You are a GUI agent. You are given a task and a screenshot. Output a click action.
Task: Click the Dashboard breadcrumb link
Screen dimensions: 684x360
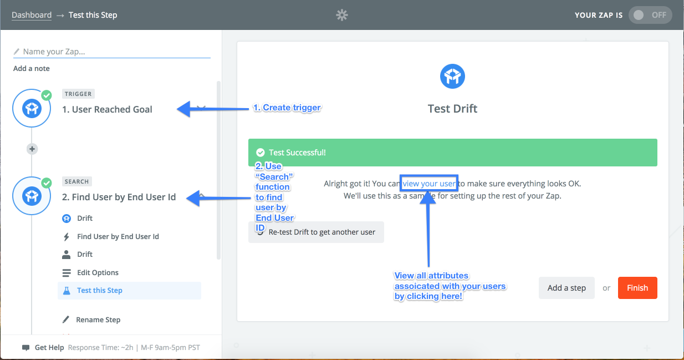tap(32, 15)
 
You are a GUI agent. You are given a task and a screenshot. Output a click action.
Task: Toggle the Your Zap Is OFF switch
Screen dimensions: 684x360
tap(650, 15)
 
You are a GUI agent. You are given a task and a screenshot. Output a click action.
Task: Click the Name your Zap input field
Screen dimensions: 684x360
tap(112, 52)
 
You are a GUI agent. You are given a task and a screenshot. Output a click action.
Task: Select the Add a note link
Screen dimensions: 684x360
tap(32, 68)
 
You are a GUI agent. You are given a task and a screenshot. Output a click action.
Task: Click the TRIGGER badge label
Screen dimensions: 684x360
tap(78, 94)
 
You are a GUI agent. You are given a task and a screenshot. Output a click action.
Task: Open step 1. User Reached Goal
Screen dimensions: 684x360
tap(107, 109)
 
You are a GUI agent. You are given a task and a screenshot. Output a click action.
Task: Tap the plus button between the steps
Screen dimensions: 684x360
tap(32, 149)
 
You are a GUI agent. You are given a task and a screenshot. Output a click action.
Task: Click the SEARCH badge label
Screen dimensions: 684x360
tap(76, 181)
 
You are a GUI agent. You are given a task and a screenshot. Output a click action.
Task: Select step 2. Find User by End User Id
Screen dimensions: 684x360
tap(119, 197)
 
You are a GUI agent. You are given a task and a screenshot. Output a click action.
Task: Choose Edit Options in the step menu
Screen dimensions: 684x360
tap(98, 272)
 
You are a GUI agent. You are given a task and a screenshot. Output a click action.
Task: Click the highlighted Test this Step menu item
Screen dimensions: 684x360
tap(130, 290)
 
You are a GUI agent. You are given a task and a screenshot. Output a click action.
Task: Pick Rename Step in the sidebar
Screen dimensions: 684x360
tap(98, 320)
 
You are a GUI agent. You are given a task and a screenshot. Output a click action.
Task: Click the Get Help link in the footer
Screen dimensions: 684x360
tap(49, 347)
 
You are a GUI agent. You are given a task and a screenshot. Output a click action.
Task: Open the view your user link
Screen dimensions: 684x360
tap(429, 184)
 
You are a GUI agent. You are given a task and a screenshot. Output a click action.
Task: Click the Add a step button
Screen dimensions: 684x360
tap(566, 288)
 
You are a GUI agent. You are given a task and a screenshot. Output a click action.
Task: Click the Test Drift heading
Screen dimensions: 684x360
tap(452, 109)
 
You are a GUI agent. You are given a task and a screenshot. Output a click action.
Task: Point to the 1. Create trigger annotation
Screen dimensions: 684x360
tap(287, 108)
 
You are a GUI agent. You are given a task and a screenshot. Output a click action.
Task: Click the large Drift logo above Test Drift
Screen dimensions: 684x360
tap(452, 76)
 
